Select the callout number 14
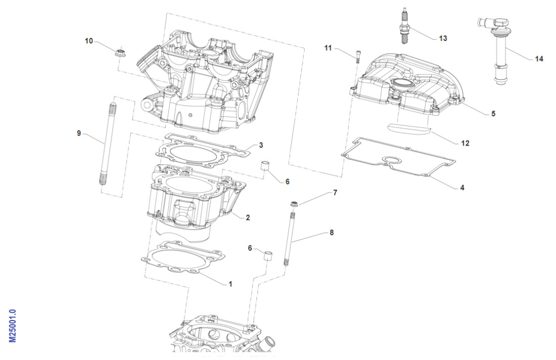click(539, 59)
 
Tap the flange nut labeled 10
click(120, 52)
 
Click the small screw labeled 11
click(358, 55)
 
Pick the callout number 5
click(493, 114)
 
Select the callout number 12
click(465, 144)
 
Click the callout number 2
click(248, 218)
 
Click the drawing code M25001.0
click(13, 326)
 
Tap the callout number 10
click(89, 41)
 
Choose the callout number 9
click(79, 133)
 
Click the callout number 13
click(443, 38)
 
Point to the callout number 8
click(332, 233)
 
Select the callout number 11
click(328, 48)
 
